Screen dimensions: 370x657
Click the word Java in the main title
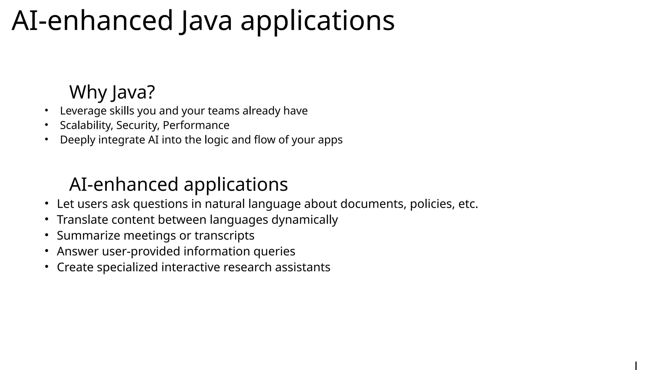pos(205,21)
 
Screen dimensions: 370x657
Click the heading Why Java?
pos(112,92)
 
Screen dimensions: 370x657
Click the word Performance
pos(196,125)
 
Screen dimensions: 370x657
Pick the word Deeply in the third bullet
pos(77,140)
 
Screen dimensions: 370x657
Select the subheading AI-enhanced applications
pos(178,184)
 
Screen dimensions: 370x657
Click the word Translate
pos(82,220)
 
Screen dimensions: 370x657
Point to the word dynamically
pos(304,220)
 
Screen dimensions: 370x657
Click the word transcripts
pos(224,236)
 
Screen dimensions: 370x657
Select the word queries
pos(274,251)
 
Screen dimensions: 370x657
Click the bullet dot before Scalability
pos(46,125)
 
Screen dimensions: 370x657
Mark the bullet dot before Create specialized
pos(46,267)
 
